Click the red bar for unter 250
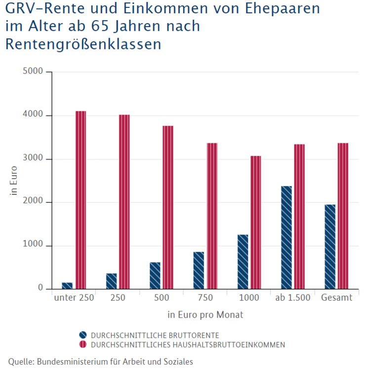coord(81,200)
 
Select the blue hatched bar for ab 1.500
coord(286,237)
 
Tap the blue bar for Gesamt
coord(330,247)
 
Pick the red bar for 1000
coord(255,222)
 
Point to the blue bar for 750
coord(199,270)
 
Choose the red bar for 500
coord(168,207)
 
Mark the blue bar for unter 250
coord(67,285)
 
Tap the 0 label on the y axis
coord(41,289)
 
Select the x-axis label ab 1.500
coord(293,298)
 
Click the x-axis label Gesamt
coord(336,298)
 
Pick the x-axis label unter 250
coord(74,298)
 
